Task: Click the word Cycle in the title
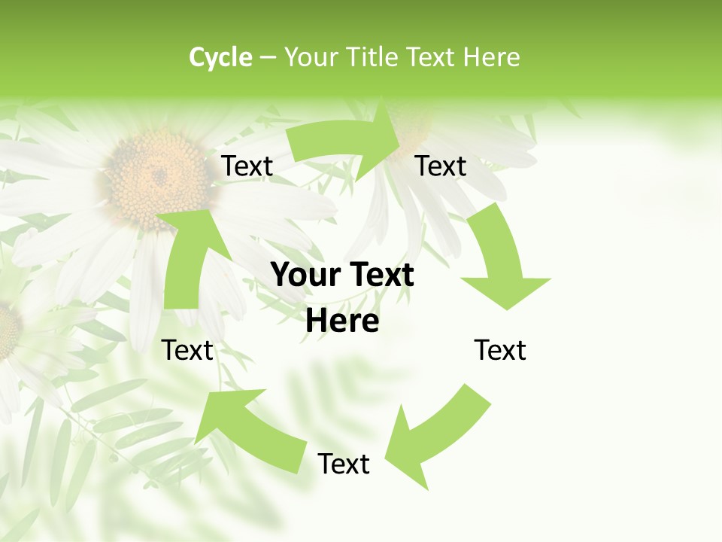point(220,57)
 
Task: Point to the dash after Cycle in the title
point(268,58)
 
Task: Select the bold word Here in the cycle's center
point(343,321)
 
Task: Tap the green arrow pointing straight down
point(502,263)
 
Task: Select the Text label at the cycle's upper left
point(247,166)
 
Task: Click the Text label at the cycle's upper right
point(441,166)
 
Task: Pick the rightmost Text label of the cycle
point(500,350)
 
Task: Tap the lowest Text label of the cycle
point(344,464)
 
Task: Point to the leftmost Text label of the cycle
point(188,350)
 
